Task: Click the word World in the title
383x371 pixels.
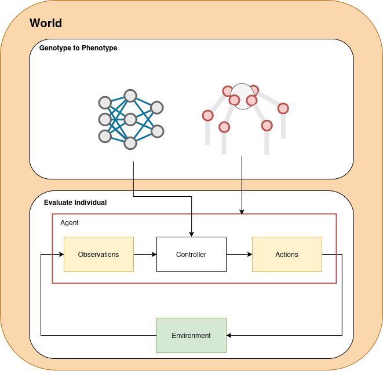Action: click(x=46, y=24)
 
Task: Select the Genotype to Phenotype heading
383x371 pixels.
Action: click(x=78, y=48)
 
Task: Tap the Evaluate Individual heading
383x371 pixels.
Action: click(x=75, y=203)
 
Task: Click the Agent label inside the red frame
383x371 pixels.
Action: click(x=70, y=223)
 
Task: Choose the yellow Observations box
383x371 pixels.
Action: click(x=99, y=255)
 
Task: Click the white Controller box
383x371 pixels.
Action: click(x=191, y=255)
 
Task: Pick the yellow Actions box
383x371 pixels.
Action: click(x=287, y=255)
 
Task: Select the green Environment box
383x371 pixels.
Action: click(x=191, y=336)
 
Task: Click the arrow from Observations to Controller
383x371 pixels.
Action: click(x=145, y=255)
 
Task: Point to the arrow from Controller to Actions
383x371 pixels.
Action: click(x=239, y=255)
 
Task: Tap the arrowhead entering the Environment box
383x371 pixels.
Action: click(x=229, y=336)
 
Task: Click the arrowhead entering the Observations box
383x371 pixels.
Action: click(x=60, y=255)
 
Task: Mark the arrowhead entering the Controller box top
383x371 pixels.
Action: click(x=191, y=234)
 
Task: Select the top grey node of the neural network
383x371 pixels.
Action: click(x=130, y=95)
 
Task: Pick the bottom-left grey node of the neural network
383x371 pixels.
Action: click(x=105, y=137)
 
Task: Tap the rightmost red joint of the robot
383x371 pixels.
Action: click(x=283, y=108)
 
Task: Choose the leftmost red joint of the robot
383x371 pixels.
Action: click(x=207, y=116)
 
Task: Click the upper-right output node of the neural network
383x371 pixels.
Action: click(x=157, y=107)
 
